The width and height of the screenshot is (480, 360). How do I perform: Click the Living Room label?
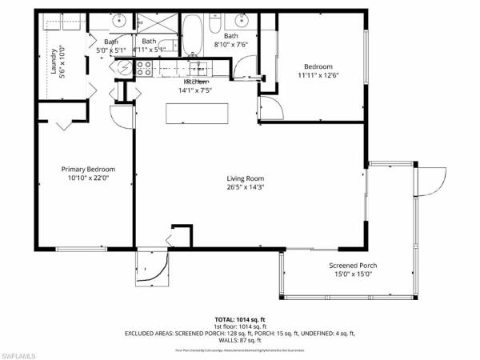245,178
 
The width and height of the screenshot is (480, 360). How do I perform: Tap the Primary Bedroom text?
89,169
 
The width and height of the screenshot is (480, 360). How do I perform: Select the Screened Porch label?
353,266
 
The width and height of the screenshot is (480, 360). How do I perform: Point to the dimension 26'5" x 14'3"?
245,189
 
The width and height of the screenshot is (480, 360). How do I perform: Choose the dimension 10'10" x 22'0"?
89,179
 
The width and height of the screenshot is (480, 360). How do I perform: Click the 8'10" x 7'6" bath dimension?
230,46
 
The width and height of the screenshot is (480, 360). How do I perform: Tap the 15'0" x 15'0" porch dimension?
353,275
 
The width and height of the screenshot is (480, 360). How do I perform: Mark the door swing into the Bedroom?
270,105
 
